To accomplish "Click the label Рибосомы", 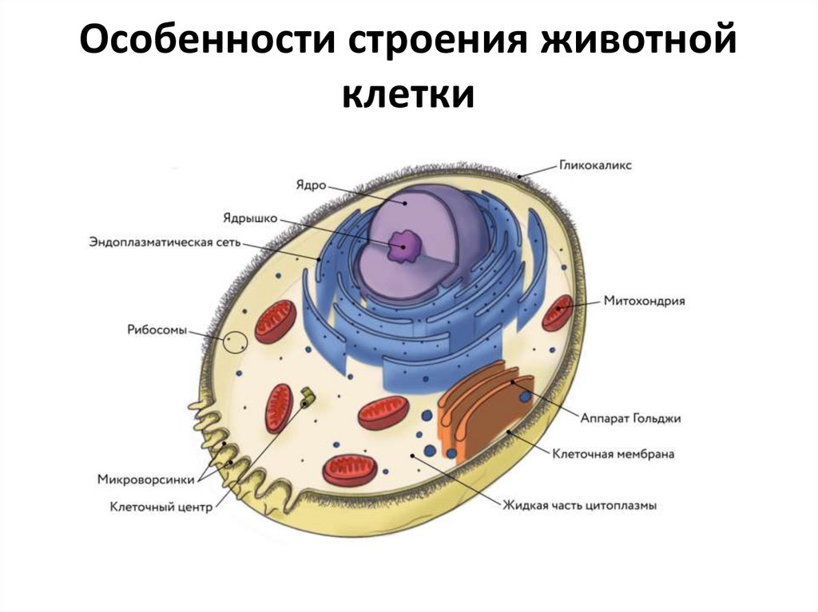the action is (157, 329).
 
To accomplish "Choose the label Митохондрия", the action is (645, 302).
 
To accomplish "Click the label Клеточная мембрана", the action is (613, 454).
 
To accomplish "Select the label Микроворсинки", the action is (141, 480).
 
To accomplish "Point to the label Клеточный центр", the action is (161, 507).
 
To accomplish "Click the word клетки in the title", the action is (408, 96).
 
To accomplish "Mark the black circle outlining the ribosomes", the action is (235, 342).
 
